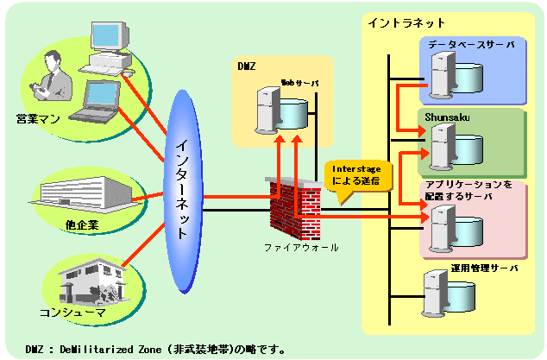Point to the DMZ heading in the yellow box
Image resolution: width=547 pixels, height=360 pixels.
pyautogui.click(x=247, y=66)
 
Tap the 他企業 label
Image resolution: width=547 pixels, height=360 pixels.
pyautogui.click(x=82, y=224)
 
